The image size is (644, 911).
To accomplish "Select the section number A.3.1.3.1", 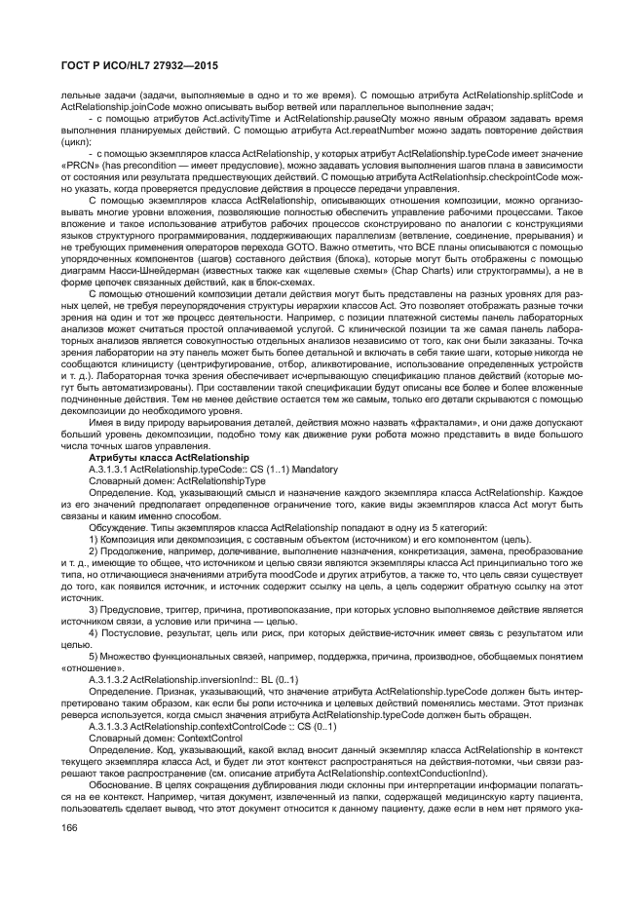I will point(108,468).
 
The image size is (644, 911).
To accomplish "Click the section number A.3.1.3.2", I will point(108,652).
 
